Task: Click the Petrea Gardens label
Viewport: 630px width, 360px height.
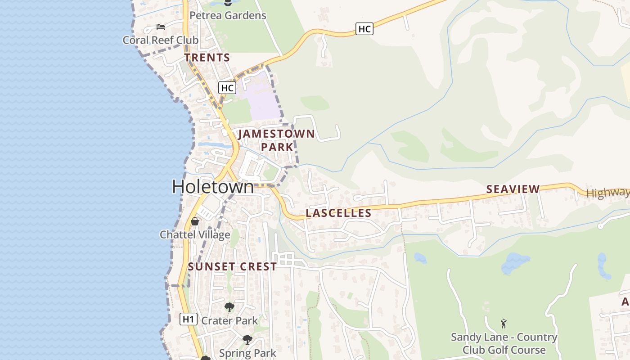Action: (x=228, y=15)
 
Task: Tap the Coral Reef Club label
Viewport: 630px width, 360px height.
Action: (x=160, y=40)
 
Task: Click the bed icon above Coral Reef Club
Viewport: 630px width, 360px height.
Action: (x=160, y=27)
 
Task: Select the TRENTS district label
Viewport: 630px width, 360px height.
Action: (x=207, y=58)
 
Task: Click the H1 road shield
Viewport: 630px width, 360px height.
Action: (x=189, y=319)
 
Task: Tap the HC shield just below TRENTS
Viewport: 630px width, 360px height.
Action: (x=227, y=87)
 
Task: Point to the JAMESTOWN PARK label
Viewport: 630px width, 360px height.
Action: (x=276, y=140)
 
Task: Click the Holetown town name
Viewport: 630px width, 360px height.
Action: (x=213, y=187)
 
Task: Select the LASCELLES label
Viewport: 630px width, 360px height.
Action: (x=338, y=213)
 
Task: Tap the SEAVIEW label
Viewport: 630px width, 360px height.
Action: (x=513, y=189)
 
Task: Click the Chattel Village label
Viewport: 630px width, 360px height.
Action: (x=195, y=234)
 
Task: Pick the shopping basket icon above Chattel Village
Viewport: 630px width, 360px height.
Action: (x=195, y=221)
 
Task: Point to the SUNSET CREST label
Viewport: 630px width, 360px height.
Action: (x=232, y=266)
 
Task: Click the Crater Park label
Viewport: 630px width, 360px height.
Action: (x=229, y=320)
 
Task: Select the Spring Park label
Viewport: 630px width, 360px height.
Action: (x=247, y=353)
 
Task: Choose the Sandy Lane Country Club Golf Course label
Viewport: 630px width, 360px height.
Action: (x=504, y=343)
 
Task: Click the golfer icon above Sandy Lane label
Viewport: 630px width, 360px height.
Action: (x=504, y=324)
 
